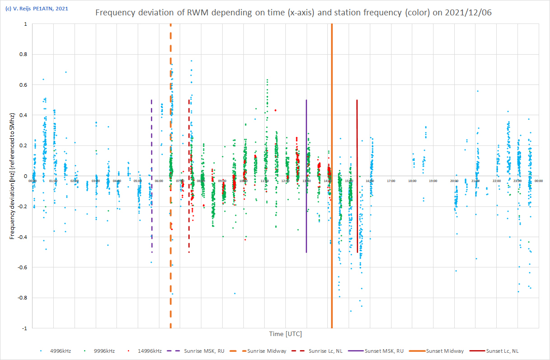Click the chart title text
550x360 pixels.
[x=293, y=13]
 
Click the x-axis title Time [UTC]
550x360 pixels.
[x=285, y=334]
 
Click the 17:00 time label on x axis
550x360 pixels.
[x=391, y=181]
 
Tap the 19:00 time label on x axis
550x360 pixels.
[x=433, y=181]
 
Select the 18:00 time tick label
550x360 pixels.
[x=412, y=181]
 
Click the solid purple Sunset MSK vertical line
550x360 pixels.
[x=307, y=136]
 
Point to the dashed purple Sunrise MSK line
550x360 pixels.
[x=151, y=136]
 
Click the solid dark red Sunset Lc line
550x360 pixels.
[x=357, y=136]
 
